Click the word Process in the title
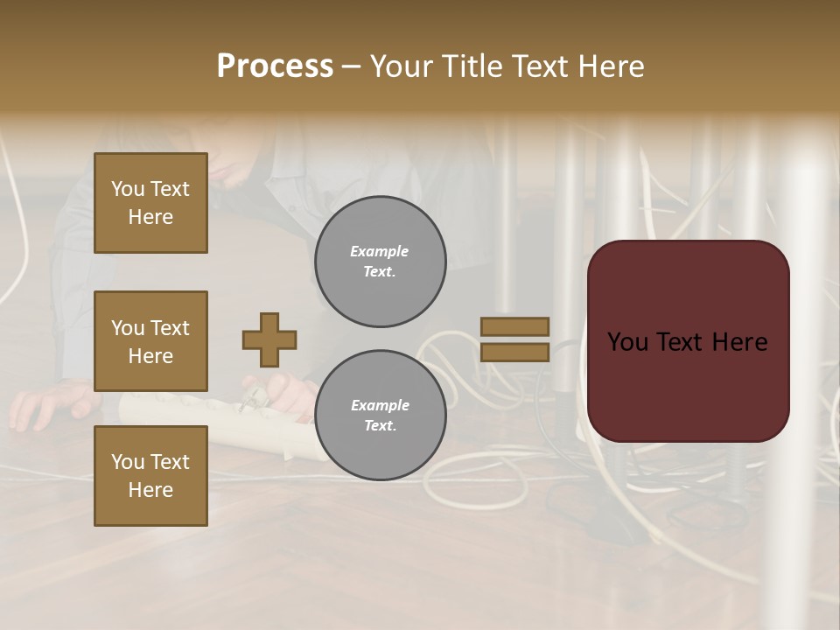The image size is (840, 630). tap(275, 66)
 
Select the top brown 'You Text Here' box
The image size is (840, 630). tap(150, 203)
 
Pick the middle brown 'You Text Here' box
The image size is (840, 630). tap(150, 341)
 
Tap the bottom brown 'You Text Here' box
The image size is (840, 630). tap(150, 475)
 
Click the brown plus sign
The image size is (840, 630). tap(269, 339)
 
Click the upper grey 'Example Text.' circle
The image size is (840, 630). tap(380, 262)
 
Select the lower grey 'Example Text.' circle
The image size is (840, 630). tap(380, 416)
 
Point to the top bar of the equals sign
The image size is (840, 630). tap(514, 326)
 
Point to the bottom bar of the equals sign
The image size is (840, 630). tap(514, 352)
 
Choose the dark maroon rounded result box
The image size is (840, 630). tap(688, 385)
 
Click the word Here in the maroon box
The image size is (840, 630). tap(739, 342)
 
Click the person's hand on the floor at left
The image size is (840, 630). tap(44, 407)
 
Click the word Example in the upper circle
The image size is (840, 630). tap(380, 252)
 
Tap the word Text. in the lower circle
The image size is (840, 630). tap(380, 426)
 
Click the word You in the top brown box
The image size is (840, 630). tap(128, 189)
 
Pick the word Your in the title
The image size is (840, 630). tap(402, 66)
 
